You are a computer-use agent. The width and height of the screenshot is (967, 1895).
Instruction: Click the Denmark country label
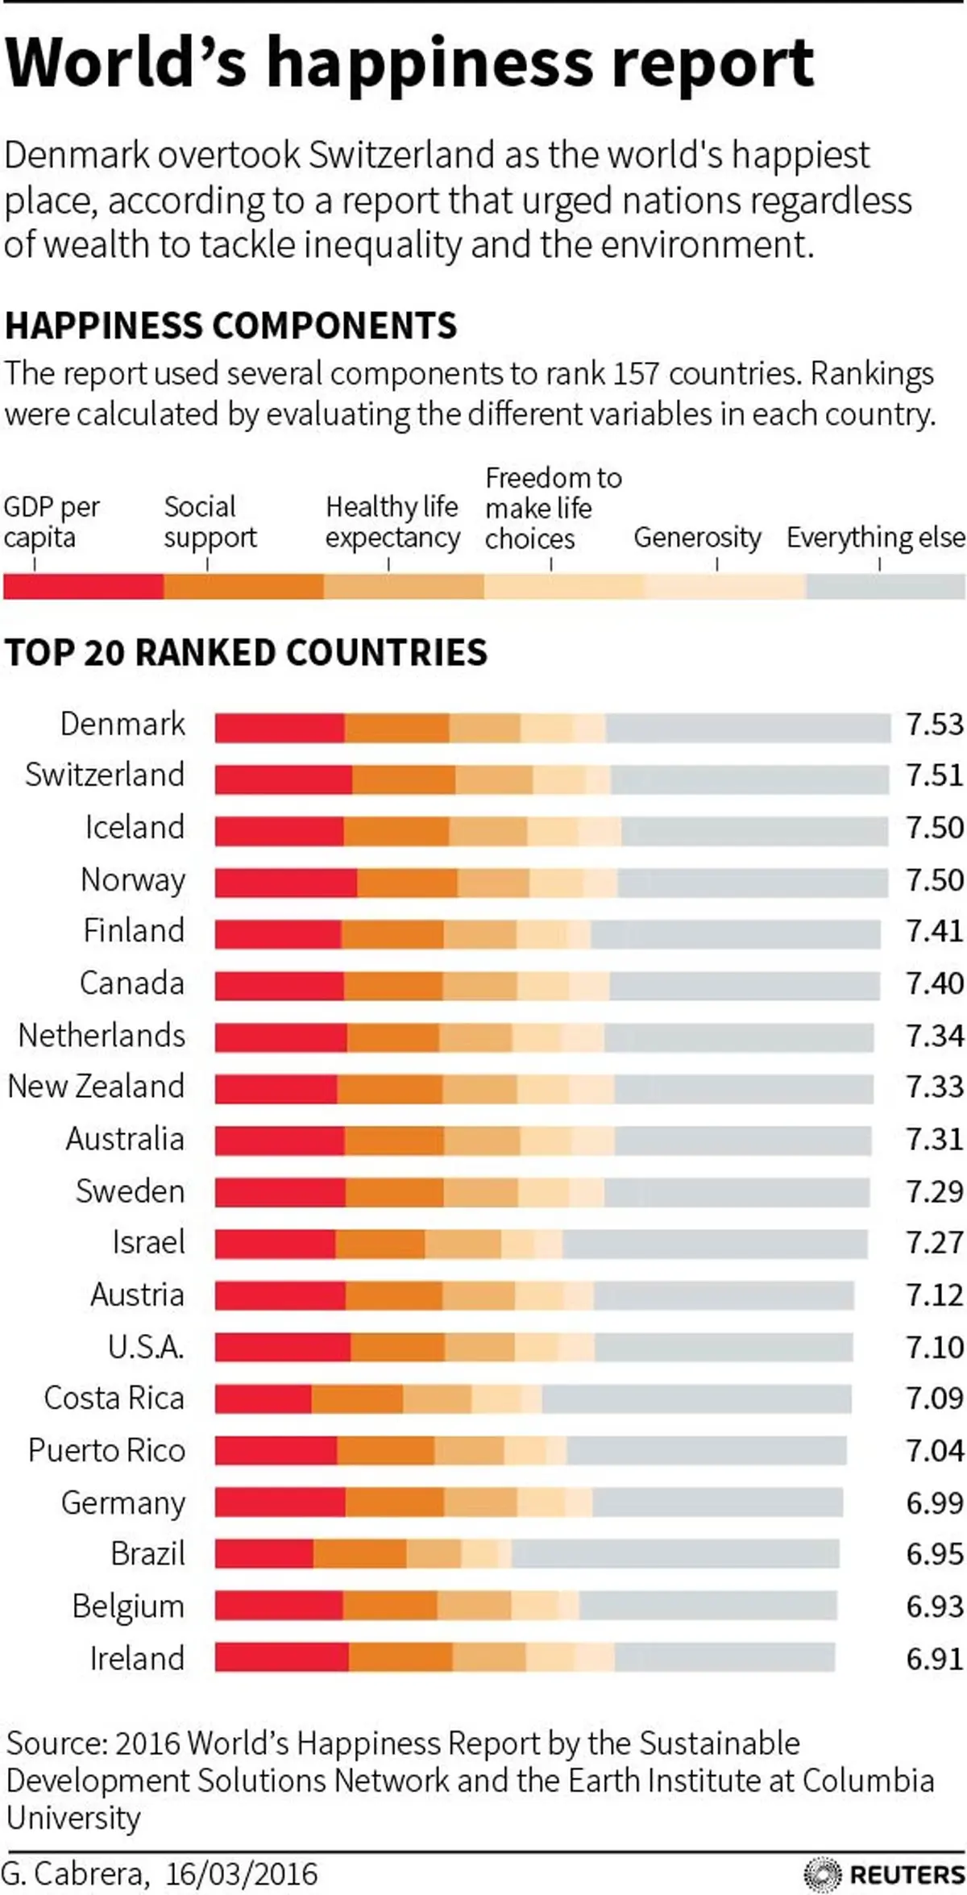click(122, 724)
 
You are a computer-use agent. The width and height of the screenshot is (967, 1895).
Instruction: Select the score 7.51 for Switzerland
click(934, 775)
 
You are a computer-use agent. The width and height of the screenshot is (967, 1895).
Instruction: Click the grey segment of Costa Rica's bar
click(696, 1399)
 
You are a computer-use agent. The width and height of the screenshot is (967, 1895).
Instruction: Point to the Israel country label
click(148, 1242)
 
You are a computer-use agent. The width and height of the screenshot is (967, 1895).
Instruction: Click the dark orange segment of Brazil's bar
click(359, 1554)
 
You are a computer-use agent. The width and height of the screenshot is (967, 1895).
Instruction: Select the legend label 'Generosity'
click(697, 537)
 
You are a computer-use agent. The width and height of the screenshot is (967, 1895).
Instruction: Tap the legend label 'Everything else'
click(875, 537)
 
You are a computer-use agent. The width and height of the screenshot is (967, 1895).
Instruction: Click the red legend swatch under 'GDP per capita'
click(83, 586)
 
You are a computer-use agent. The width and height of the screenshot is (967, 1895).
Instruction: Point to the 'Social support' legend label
click(210, 522)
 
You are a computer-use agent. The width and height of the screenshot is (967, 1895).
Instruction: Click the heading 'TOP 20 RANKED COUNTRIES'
click(246, 652)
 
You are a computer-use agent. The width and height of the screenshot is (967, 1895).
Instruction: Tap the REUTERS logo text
click(907, 1874)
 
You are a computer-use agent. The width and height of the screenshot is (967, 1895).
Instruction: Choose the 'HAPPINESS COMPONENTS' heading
click(230, 326)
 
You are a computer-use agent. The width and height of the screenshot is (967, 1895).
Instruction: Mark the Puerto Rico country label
click(106, 1451)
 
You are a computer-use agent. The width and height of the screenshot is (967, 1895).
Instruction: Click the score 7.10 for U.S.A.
click(934, 1347)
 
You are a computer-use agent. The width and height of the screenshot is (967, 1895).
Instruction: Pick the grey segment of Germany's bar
click(717, 1502)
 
